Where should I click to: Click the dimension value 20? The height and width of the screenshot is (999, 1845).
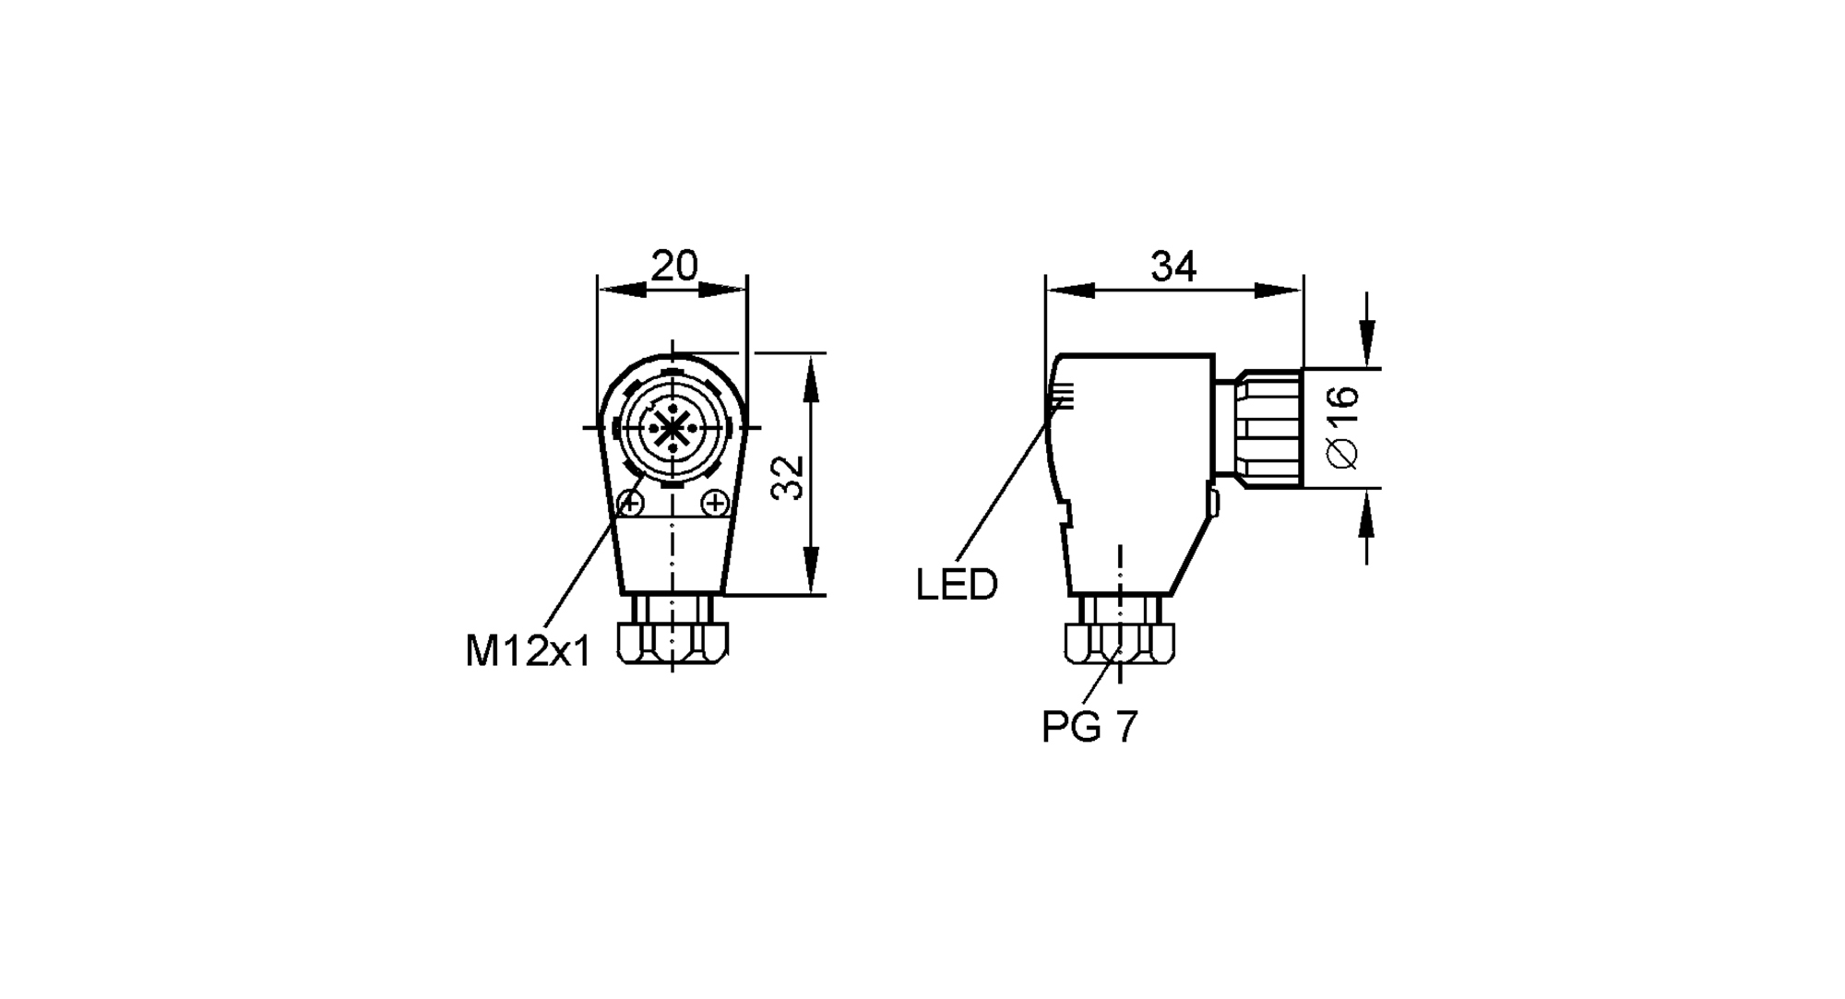point(674,267)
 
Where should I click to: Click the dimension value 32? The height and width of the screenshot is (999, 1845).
point(789,477)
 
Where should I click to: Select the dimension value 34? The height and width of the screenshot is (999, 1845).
point(1173,267)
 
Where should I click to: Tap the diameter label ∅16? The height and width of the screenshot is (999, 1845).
point(1343,427)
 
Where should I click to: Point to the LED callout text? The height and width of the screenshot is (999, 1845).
point(957,585)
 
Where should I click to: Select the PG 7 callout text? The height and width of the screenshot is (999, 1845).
point(1089,727)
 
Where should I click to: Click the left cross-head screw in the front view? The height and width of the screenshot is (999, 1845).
point(631,504)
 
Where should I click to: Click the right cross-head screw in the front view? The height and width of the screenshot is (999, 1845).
point(715,504)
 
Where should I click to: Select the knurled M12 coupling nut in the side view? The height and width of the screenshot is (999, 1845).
point(1271,427)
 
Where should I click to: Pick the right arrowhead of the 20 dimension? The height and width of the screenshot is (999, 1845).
point(725,291)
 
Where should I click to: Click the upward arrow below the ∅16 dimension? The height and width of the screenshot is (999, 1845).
point(1366,512)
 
